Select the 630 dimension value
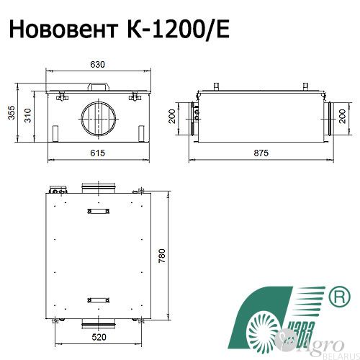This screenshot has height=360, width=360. pos(98,65)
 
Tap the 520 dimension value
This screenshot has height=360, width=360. pos(99,336)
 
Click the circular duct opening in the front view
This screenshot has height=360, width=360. pos(99,117)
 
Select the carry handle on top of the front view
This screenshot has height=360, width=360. pos(99,85)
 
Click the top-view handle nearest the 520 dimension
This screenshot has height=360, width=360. pos(99,299)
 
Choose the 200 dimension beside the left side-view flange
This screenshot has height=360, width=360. pos(174,117)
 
